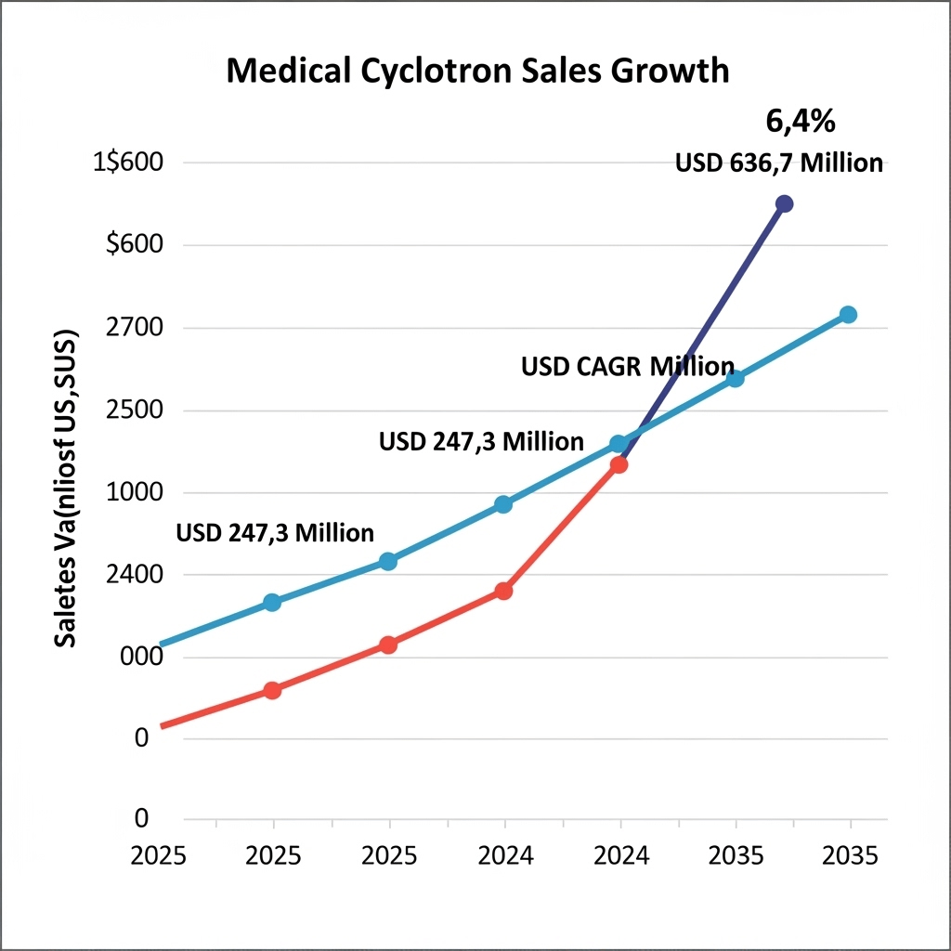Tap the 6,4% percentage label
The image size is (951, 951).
800,121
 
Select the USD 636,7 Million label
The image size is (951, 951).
778,163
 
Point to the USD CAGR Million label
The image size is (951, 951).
628,366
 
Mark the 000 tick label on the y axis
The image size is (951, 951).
142,657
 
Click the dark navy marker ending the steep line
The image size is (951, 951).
784,203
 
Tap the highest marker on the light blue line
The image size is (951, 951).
848,315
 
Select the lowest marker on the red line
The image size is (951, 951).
272,690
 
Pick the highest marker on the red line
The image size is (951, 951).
619,464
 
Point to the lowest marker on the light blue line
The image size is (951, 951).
272,602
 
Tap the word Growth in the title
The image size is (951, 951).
674,72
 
